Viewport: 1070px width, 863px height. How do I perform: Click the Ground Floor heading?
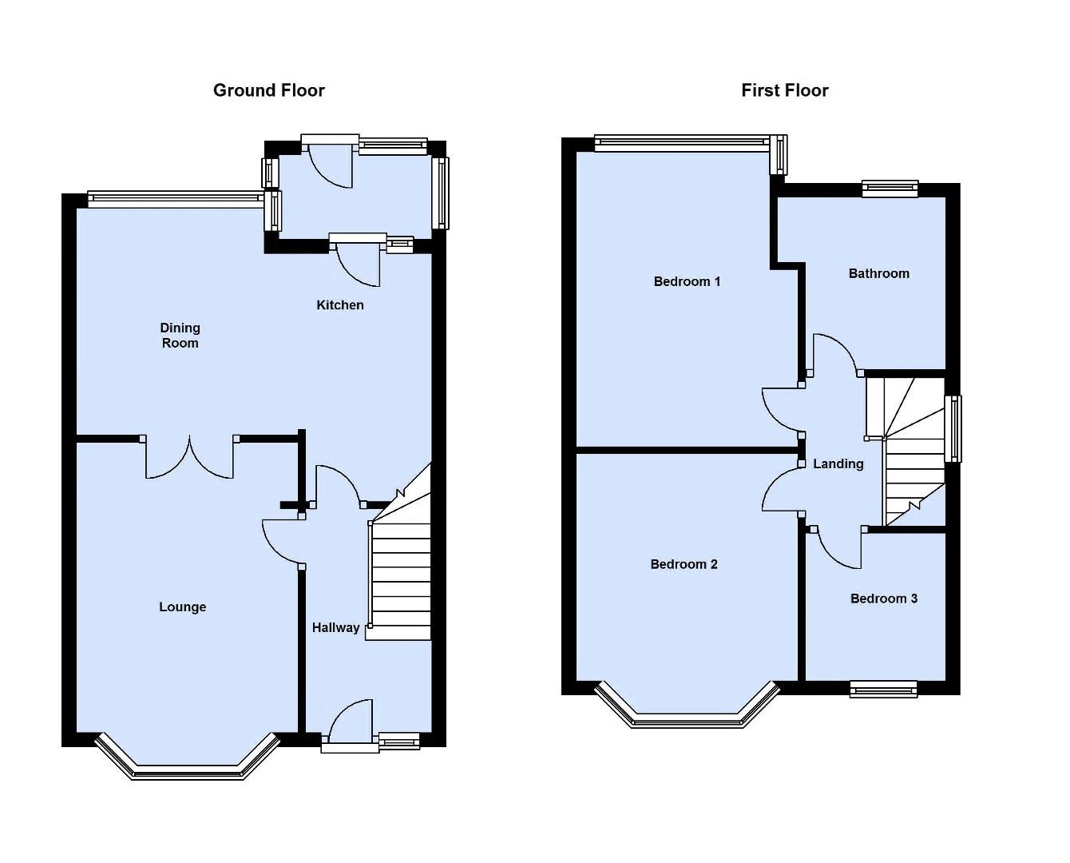click(269, 90)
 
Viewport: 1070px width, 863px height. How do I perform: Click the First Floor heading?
click(784, 90)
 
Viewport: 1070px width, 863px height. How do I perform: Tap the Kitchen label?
click(340, 304)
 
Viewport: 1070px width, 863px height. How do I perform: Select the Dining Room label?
click(180, 335)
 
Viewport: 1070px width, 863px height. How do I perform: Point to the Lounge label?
click(183, 606)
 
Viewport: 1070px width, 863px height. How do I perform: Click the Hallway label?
click(335, 627)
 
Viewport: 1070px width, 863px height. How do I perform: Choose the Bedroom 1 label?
click(687, 281)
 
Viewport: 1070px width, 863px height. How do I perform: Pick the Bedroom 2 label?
click(684, 564)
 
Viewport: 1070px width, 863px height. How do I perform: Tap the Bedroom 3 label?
click(883, 599)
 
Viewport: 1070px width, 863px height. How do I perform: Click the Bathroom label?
click(878, 273)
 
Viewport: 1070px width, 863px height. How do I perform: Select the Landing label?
click(838, 463)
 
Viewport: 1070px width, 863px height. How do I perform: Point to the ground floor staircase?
click(401, 575)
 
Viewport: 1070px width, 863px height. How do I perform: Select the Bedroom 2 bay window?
click(688, 718)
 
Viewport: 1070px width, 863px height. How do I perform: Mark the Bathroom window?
click(890, 189)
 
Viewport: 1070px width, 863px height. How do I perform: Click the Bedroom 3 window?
click(883, 688)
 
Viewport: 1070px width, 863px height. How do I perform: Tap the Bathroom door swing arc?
click(834, 352)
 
